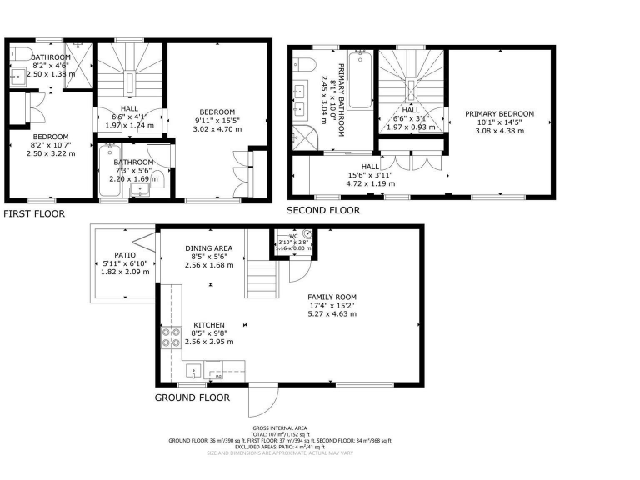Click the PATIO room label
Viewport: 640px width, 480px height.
click(x=125, y=256)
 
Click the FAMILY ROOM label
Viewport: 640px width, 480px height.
click(x=332, y=297)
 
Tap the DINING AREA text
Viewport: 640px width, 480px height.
click(x=208, y=248)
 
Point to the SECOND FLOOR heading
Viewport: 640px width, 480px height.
click(x=323, y=211)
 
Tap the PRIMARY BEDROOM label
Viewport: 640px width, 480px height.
click(x=499, y=113)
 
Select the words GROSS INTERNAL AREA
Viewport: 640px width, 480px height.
click(x=280, y=429)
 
